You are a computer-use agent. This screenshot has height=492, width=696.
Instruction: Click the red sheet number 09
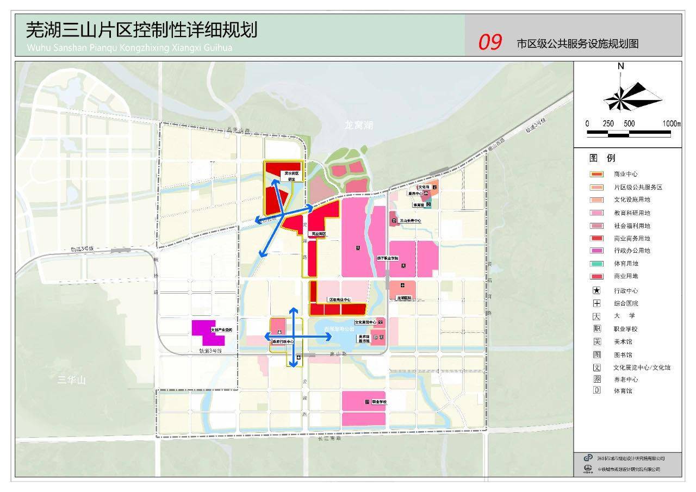489,42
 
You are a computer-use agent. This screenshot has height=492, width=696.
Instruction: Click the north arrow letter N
620,66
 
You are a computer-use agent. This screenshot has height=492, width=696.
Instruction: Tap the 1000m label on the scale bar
671,123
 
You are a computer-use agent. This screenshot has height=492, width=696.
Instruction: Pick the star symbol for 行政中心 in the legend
596,291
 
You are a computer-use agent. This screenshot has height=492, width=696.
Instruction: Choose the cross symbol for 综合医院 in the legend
596,303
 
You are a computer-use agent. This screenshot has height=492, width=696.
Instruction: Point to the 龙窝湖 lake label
359,125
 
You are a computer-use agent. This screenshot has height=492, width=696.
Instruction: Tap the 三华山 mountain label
72,380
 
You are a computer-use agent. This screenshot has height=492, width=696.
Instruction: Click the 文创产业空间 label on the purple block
221,330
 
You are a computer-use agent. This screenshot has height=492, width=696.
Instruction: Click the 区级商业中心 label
340,300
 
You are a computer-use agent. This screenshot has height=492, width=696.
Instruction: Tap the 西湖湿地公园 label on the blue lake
339,329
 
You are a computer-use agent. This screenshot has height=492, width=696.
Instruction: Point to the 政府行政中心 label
283,341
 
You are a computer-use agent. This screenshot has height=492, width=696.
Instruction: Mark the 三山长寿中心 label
411,221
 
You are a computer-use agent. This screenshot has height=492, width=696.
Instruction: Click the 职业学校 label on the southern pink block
379,402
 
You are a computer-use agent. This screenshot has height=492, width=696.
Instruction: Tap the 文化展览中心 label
365,322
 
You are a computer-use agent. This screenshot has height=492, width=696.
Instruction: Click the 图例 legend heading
602,159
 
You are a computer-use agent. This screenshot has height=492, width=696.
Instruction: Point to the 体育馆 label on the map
418,205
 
